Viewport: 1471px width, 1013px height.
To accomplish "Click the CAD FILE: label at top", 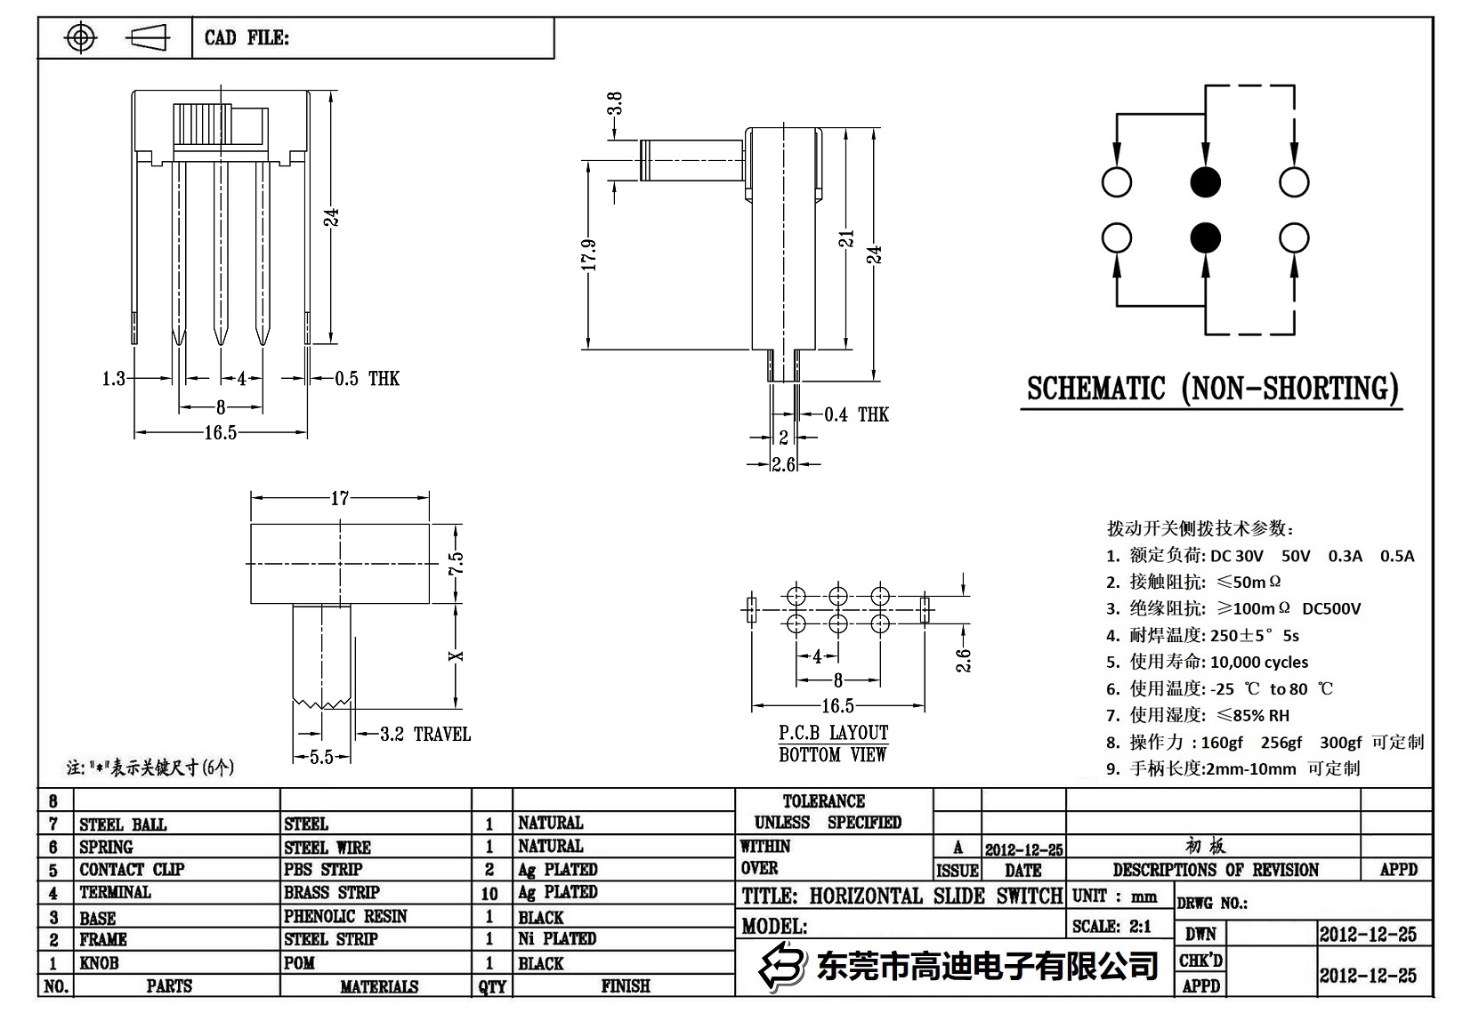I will coord(247,38).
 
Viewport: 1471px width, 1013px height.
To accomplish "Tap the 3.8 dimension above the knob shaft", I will coord(614,104).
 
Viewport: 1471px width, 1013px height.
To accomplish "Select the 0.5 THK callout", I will coord(367,379).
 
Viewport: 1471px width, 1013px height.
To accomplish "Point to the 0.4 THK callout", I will coord(856,414).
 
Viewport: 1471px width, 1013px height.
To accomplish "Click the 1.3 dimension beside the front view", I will coord(114,379).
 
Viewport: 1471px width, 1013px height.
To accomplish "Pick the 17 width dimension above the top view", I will coord(340,498).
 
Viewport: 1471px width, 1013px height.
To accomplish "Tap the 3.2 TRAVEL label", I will coord(424,735).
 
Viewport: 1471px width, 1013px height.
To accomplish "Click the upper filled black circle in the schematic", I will coord(1205,182).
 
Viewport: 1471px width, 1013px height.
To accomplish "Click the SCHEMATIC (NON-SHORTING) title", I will coord(1212,390).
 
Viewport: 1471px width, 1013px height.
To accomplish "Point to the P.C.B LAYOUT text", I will coord(833,733).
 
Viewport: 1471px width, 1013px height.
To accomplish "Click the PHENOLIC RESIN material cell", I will coord(345,917).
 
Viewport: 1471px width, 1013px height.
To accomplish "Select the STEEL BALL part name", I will coord(123,824).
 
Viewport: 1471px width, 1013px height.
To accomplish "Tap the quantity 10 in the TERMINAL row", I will coord(489,893).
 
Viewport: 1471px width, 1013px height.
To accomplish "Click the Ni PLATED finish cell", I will coord(557,939).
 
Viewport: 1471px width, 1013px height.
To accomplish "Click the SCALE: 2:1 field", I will coord(1111,927).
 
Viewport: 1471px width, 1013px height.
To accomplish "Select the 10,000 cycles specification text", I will coord(1258,662).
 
